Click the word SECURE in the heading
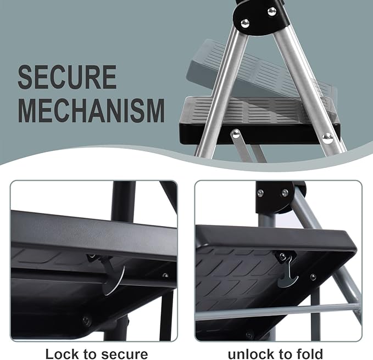pos(67,77)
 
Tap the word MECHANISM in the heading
pos(91,110)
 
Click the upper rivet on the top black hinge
pos(271,11)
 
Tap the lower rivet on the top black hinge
pos(245,23)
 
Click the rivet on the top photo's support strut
pos(235,133)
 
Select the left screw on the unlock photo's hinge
pos(260,193)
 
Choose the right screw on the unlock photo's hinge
pos(285,193)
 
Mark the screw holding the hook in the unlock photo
pos(282,256)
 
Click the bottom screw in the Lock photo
pos(87,318)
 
